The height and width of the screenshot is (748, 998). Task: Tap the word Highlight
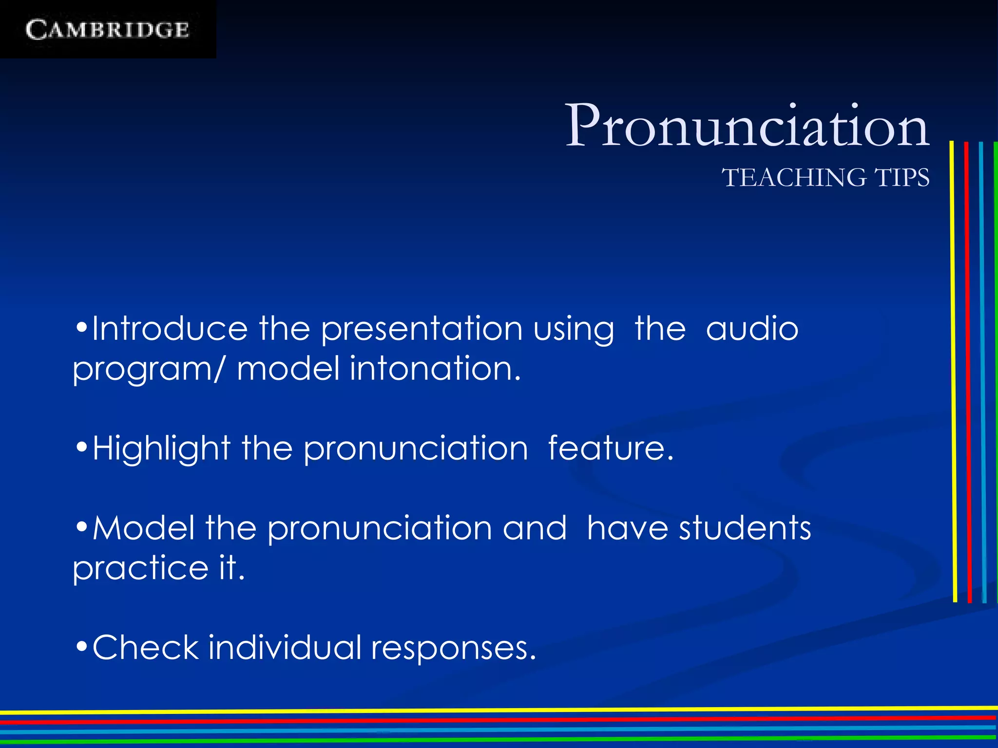161,448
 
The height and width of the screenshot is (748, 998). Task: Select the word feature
611,448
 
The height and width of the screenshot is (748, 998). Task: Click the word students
745,528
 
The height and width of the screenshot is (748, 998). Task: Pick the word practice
141,568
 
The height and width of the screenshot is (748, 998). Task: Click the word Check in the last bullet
146,648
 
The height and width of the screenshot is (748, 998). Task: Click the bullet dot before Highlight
82,446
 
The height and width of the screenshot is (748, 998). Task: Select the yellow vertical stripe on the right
953,370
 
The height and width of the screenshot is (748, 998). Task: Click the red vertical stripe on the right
968,370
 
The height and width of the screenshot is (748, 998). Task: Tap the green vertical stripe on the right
995,370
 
